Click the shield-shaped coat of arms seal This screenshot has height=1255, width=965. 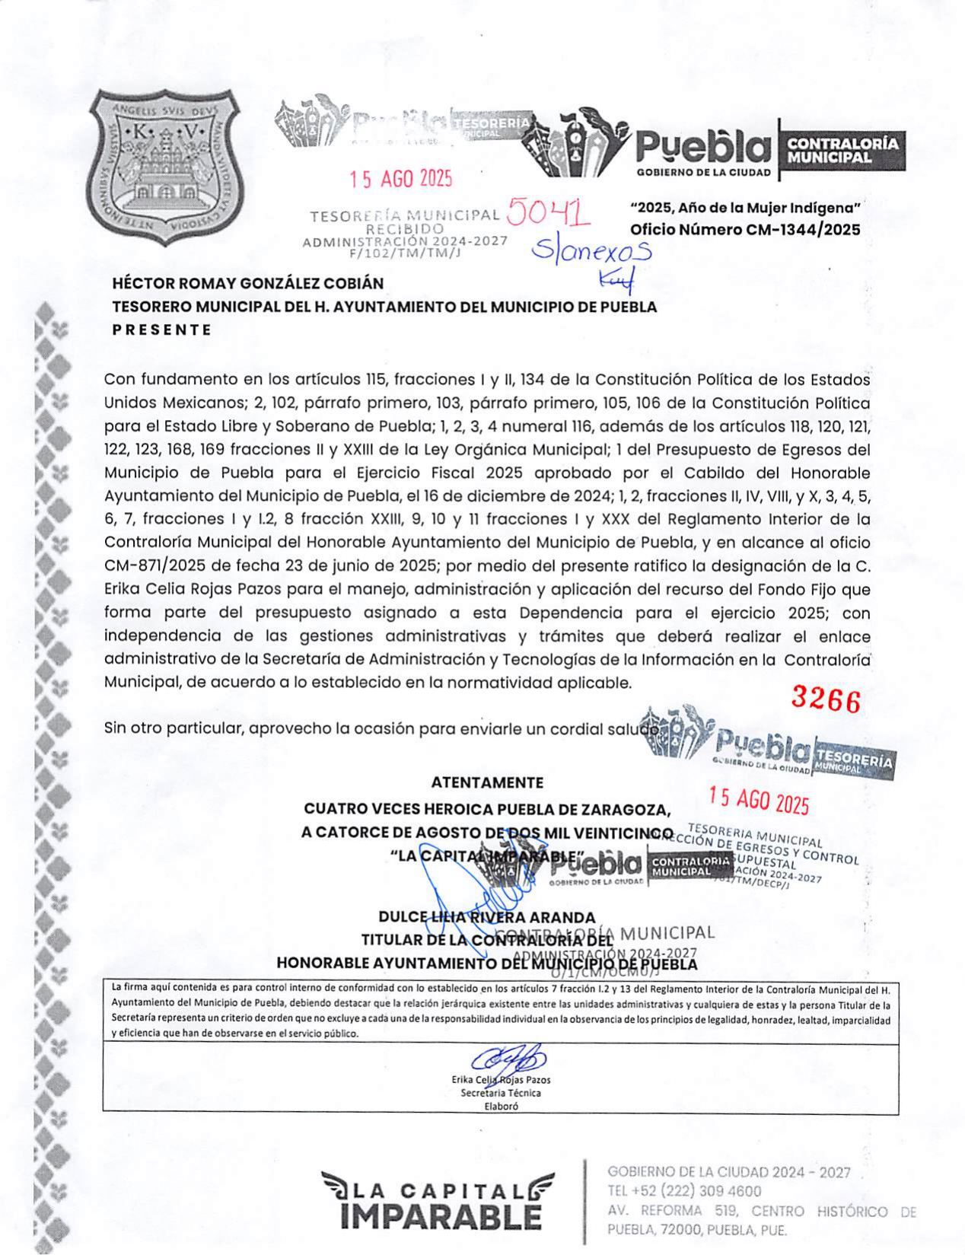pyautogui.click(x=164, y=167)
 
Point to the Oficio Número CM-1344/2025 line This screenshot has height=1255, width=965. pyautogui.click(x=745, y=230)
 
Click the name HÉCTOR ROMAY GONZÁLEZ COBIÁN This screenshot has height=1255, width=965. pyautogui.click(x=248, y=283)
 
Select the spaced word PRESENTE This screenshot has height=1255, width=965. pyautogui.click(x=162, y=330)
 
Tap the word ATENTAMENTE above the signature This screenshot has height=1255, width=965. pyautogui.click(x=487, y=782)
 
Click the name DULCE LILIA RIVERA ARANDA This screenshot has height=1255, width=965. pyautogui.click(x=487, y=917)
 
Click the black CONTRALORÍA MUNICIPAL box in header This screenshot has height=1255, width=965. pyautogui.click(x=842, y=150)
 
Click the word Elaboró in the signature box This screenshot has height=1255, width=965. pyautogui.click(x=501, y=1107)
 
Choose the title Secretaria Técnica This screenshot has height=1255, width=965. pyautogui.click(x=501, y=1093)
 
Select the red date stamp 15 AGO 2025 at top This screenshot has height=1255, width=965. pyautogui.click(x=401, y=179)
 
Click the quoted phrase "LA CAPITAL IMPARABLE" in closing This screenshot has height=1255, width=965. pyautogui.click(x=487, y=855)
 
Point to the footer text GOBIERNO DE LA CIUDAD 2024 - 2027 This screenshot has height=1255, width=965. pyautogui.click(x=728, y=1172)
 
